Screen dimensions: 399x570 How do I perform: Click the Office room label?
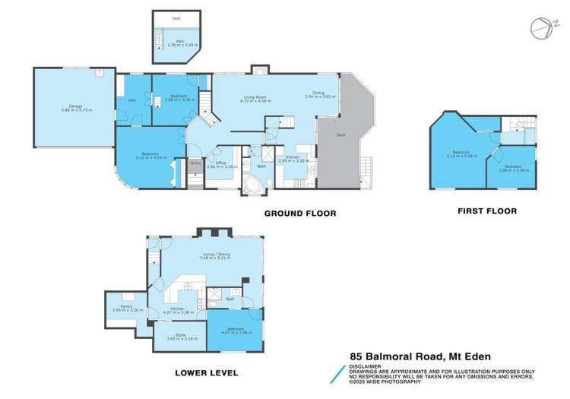click(220, 163)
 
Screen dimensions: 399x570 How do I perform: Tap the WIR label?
click(131, 100)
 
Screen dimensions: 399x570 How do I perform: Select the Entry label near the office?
click(195, 162)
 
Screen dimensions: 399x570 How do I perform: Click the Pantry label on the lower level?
click(117, 307)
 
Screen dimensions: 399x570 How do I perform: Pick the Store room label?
click(181, 335)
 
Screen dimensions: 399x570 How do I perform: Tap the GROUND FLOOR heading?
click(299, 214)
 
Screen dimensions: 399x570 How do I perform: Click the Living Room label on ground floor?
click(255, 97)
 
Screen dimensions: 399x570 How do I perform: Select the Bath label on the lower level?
click(230, 299)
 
